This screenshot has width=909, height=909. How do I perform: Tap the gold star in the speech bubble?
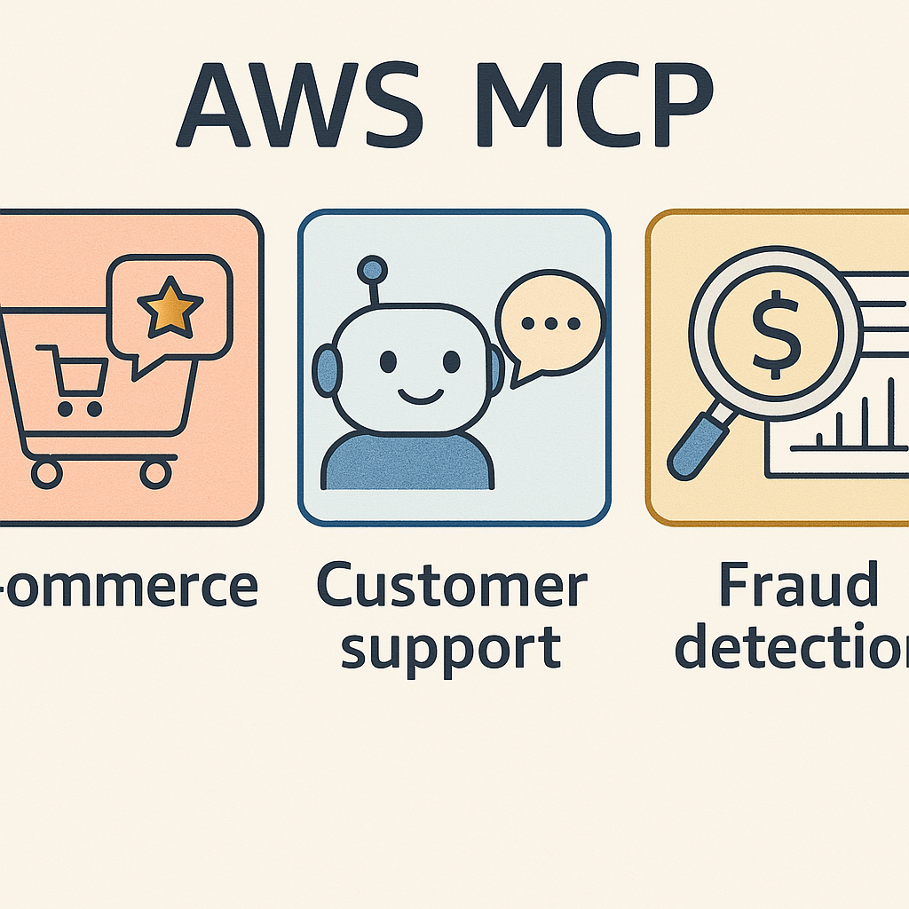point(169,306)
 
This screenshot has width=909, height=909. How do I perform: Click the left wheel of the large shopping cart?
point(46,472)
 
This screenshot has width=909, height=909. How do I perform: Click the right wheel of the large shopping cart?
point(154,472)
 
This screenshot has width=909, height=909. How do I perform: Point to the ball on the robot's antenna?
point(372,268)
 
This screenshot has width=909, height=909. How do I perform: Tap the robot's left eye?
point(388,361)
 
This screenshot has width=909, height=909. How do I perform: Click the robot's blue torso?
point(407,462)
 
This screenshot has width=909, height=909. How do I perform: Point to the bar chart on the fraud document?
point(843,426)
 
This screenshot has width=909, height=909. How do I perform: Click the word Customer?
point(452,587)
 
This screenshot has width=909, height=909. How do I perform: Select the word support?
point(451,649)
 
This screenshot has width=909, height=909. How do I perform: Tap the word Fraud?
point(797,587)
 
